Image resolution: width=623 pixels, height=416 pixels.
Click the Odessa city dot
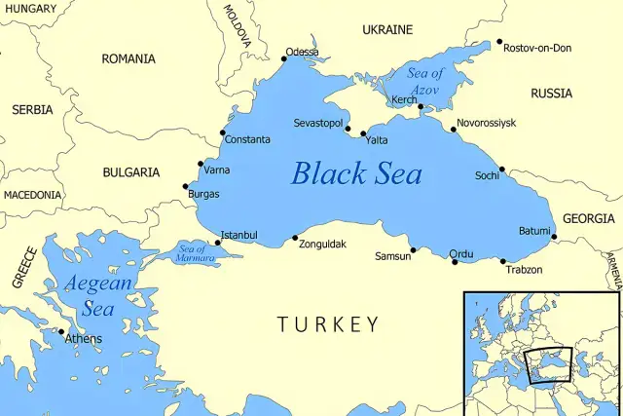284,58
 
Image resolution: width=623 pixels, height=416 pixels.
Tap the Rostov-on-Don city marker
499,42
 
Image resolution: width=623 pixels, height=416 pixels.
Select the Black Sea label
357,174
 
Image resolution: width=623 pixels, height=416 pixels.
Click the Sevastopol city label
318,124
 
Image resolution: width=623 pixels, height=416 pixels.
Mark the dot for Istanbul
217,243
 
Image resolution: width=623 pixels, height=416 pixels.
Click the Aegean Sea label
97,296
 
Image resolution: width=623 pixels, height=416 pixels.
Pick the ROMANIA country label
128,59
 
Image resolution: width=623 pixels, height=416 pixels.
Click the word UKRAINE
387,30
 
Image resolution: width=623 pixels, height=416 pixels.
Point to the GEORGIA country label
589,219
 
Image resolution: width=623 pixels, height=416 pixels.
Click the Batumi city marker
554,237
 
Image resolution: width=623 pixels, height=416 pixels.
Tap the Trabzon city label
524,270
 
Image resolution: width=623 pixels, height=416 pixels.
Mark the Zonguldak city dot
295,237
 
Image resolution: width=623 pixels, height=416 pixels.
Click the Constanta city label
247,140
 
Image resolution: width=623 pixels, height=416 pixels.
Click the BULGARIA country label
130,172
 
